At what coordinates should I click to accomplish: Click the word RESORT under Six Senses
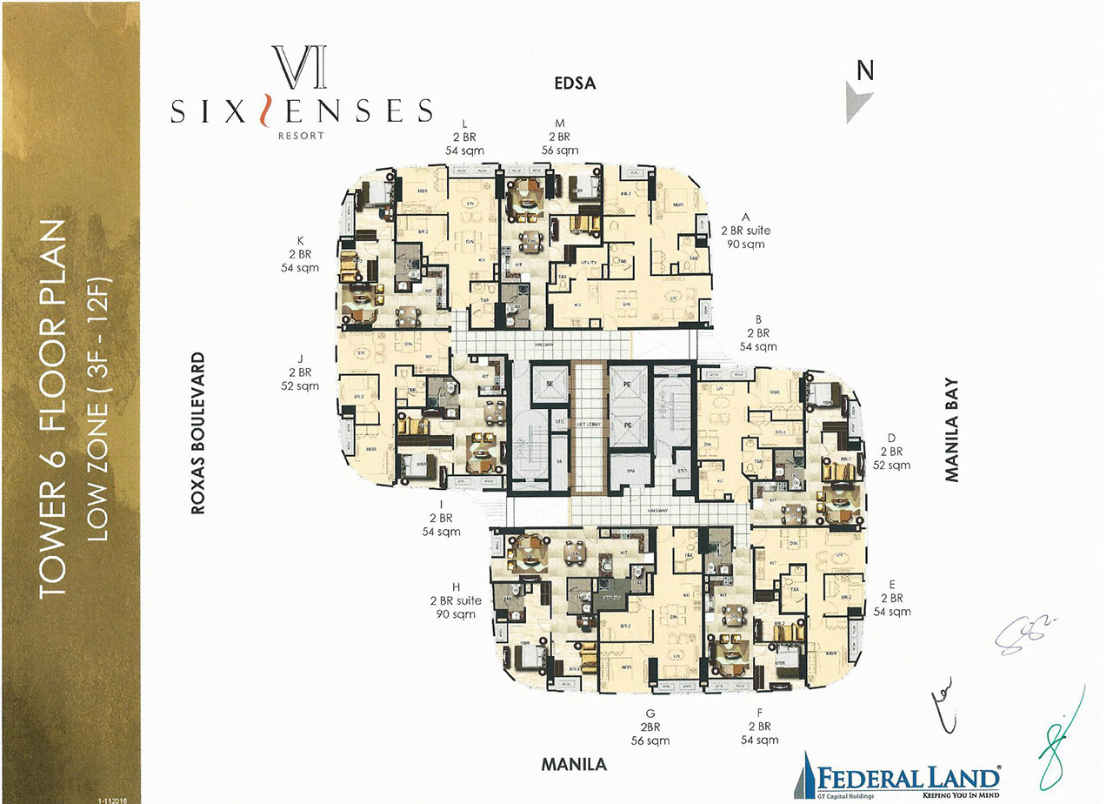coord(302,136)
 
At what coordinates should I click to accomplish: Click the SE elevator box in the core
coord(550,382)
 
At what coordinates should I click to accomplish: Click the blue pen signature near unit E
coord(1026,633)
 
